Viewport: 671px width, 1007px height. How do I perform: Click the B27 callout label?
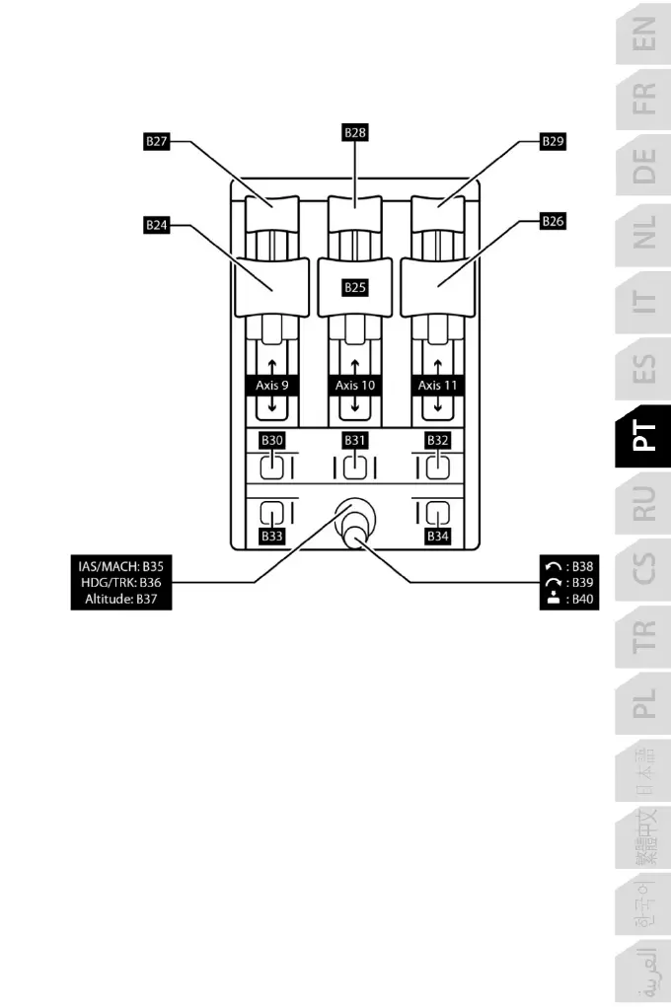(x=157, y=142)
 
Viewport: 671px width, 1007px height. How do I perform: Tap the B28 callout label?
(x=355, y=132)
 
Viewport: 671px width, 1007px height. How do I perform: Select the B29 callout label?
(x=554, y=142)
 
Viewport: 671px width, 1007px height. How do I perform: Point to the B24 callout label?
(x=157, y=225)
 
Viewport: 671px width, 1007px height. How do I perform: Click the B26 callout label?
(x=554, y=222)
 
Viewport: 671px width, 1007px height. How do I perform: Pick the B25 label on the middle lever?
(x=355, y=288)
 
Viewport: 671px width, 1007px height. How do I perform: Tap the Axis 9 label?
(x=272, y=386)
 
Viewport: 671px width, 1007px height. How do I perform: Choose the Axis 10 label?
(x=355, y=386)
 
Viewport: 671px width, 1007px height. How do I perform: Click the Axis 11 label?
(x=437, y=386)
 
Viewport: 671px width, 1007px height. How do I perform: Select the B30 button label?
(x=271, y=440)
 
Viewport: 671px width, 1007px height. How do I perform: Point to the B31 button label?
(x=355, y=440)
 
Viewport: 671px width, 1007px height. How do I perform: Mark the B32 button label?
(x=437, y=440)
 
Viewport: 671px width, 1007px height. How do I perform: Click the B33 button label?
(x=272, y=537)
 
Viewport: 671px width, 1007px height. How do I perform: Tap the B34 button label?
(x=438, y=537)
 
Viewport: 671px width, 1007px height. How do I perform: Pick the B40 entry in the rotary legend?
(x=570, y=599)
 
